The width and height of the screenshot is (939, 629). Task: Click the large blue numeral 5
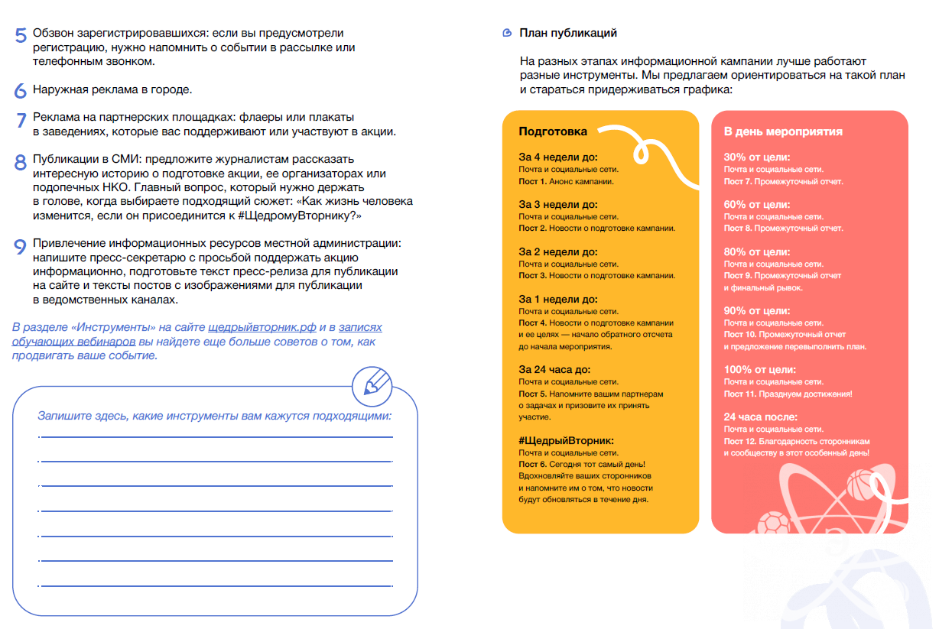(x=21, y=36)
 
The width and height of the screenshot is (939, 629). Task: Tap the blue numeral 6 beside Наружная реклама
(x=21, y=90)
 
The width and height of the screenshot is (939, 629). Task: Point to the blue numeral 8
(x=21, y=163)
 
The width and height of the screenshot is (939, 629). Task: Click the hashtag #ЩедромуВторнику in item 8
(x=295, y=216)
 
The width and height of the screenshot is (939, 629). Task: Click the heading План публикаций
(x=568, y=33)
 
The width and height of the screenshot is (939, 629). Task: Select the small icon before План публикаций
(x=506, y=33)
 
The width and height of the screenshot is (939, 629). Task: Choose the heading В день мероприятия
(x=783, y=131)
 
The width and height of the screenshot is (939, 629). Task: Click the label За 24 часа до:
(x=554, y=370)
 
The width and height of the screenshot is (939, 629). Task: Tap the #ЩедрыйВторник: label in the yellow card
(x=567, y=441)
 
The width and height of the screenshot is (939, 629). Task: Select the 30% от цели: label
(x=757, y=157)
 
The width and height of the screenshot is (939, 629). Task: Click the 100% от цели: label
(x=760, y=370)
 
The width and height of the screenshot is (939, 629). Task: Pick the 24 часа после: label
(x=761, y=417)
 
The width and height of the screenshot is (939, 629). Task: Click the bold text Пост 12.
(x=740, y=442)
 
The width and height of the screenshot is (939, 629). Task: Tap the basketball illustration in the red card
(x=860, y=485)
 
